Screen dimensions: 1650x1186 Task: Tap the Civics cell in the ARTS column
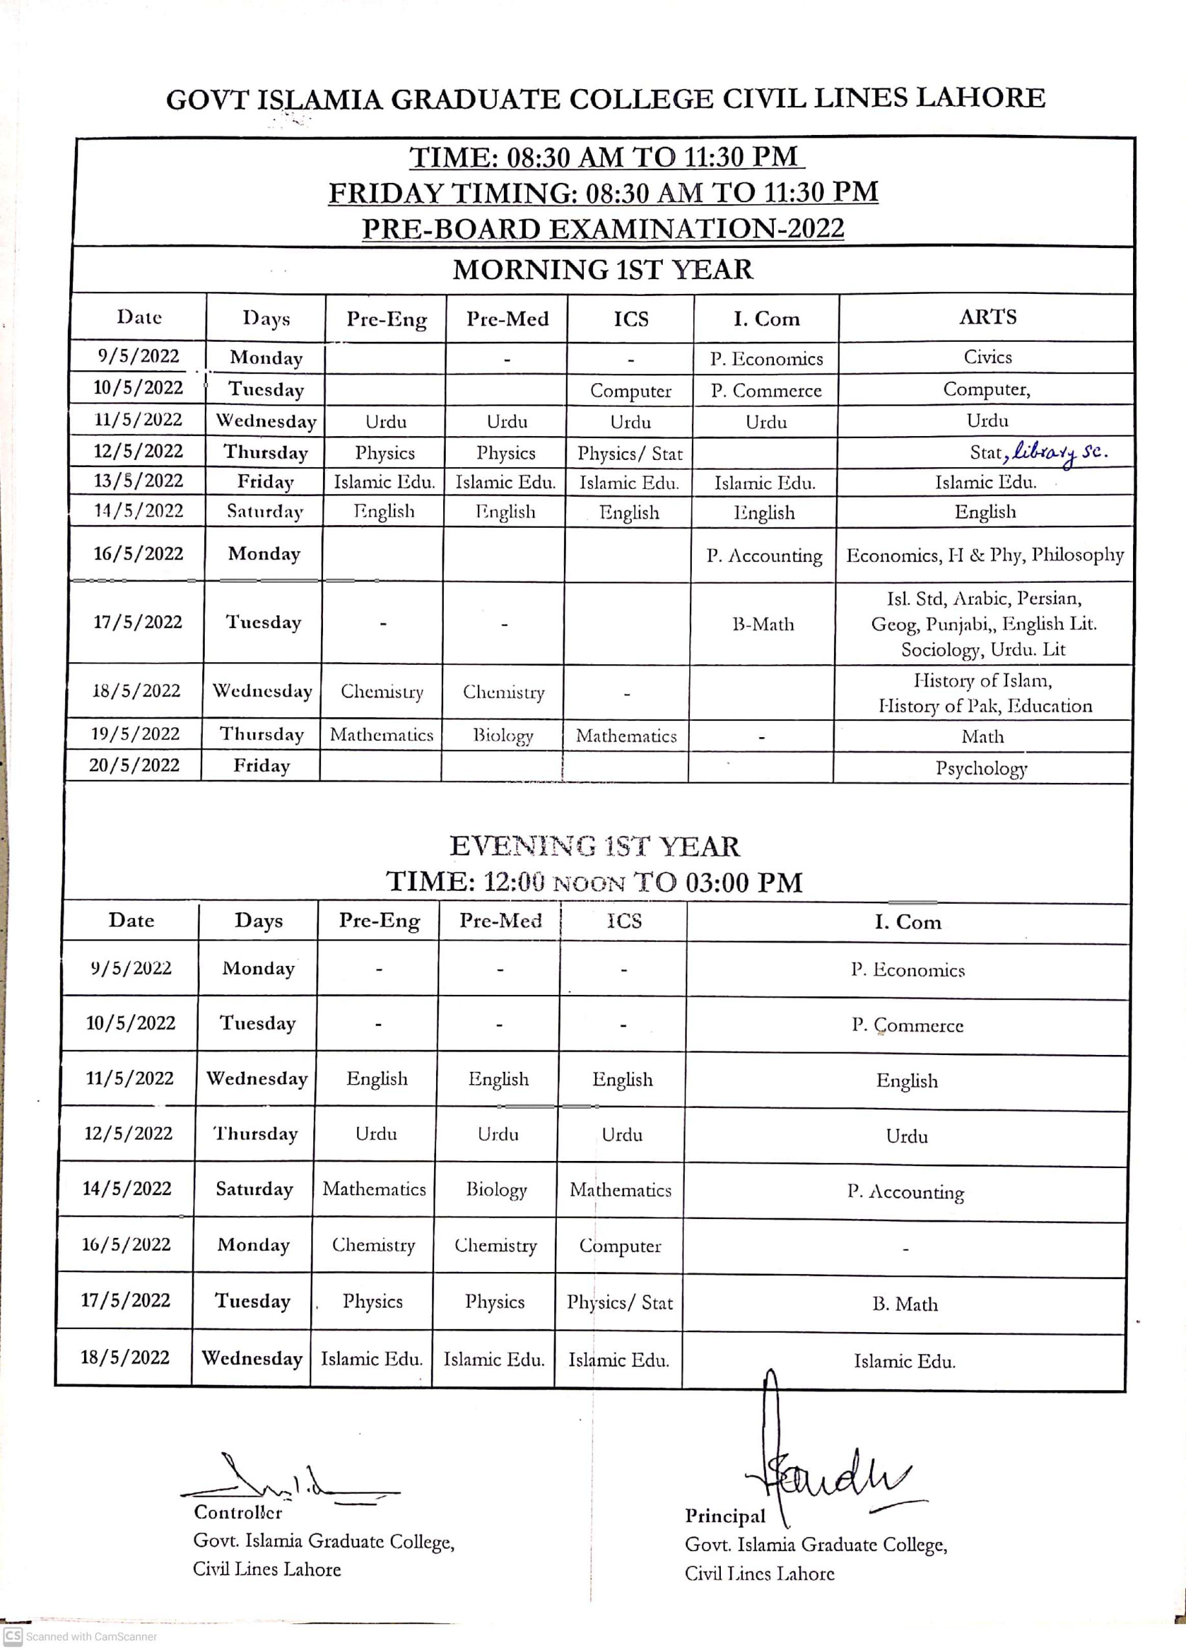tap(987, 357)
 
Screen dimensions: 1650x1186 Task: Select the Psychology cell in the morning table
tap(981, 768)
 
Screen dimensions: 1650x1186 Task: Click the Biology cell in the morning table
tap(503, 735)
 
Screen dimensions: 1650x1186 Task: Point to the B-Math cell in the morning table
tap(762, 623)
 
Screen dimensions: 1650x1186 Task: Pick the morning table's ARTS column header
tap(987, 317)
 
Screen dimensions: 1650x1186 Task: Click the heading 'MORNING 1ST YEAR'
tap(603, 270)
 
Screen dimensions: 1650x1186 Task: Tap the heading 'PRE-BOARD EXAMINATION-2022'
tap(603, 229)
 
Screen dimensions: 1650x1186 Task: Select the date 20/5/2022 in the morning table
tap(134, 766)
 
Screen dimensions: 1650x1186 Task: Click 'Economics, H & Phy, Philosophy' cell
tap(984, 555)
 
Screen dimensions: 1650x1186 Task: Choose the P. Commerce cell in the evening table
tap(908, 1025)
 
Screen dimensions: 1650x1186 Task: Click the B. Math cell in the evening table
tap(905, 1304)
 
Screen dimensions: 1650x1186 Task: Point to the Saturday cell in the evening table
tap(254, 1189)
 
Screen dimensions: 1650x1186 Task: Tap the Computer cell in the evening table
tap(620, 1246)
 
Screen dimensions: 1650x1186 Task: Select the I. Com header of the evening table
tap(908, 922)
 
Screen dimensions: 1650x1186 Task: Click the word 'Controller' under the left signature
tap(237, 1512)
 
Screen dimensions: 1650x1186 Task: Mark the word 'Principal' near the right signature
tap(725, 1516)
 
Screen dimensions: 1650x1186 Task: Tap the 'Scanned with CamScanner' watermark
tap(81, 1637)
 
